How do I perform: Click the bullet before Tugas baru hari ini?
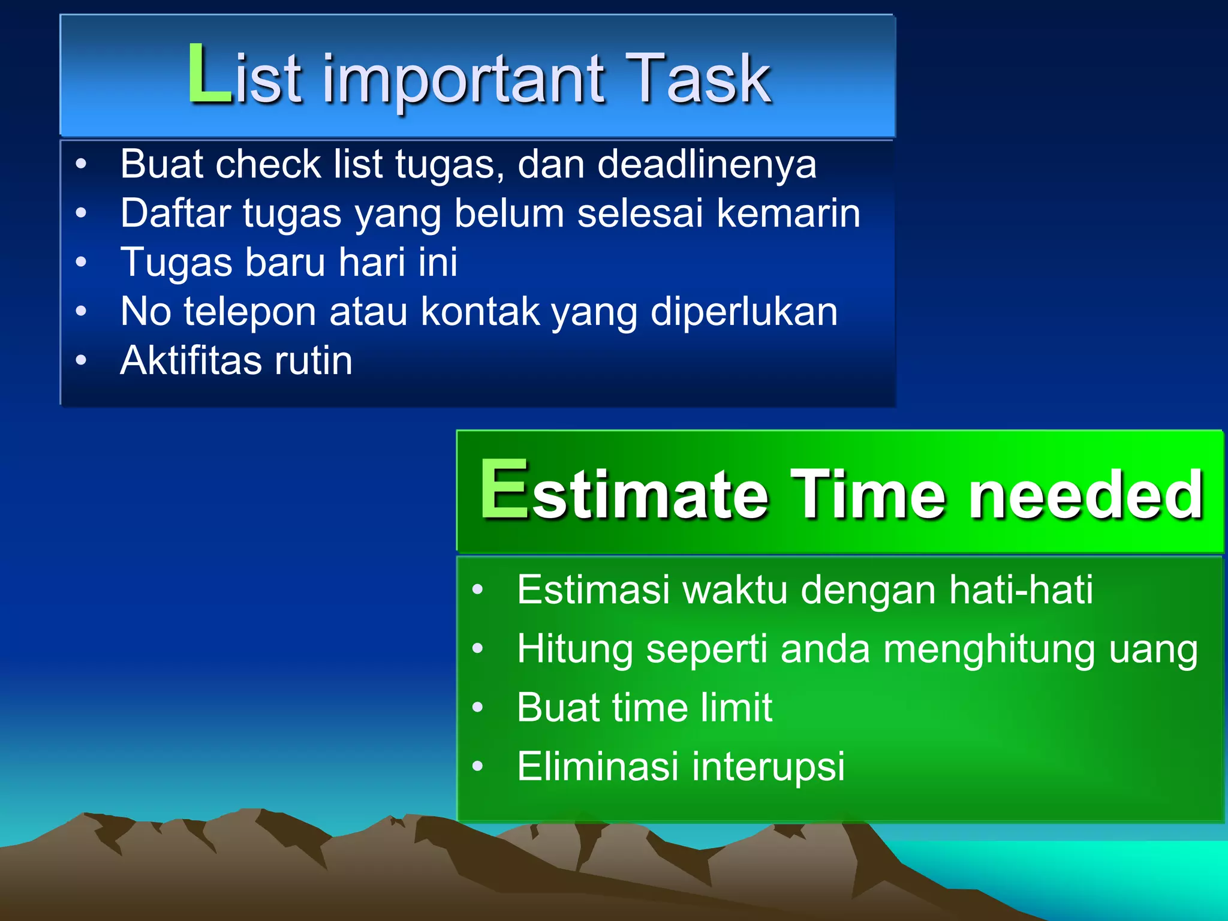pos(82,261)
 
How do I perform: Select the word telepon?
pos(249,312)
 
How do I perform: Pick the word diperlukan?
pos(744,312)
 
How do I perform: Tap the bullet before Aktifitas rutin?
pos(82,360)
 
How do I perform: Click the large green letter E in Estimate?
pos(504,490)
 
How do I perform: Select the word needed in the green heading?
pos(1085,495)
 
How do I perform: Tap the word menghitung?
pos(988,649)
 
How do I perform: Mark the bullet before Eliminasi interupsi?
pos(477,766)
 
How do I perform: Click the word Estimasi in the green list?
pos(592,589)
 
